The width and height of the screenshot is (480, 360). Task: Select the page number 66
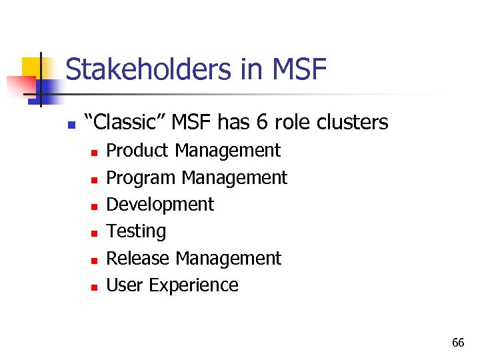458,343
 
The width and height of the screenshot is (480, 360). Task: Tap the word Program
141,178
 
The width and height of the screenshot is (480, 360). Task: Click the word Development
160,205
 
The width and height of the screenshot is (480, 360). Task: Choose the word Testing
136,231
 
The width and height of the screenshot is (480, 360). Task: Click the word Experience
193,285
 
